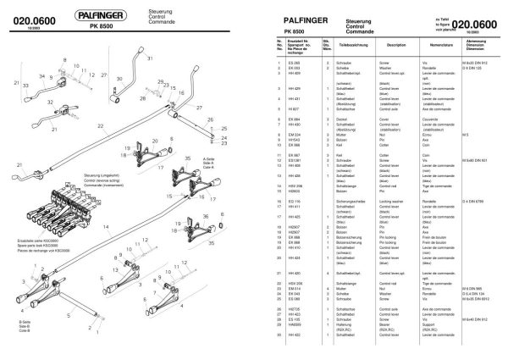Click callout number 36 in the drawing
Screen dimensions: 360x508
[x=206, y=218]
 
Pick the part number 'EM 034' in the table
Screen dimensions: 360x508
[x=295, y=134]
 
